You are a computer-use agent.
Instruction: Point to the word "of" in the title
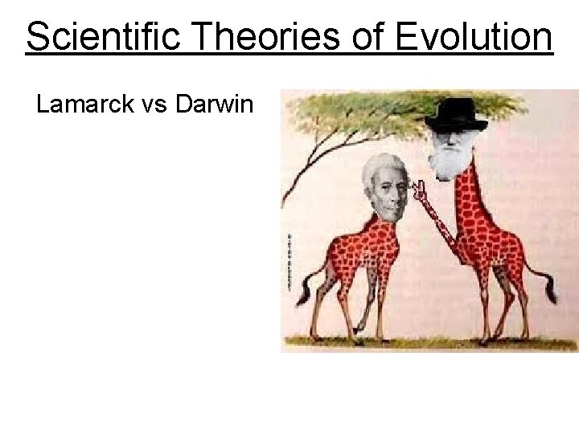357,37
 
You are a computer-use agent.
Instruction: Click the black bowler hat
456,114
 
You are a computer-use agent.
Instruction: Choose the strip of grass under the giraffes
426,343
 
